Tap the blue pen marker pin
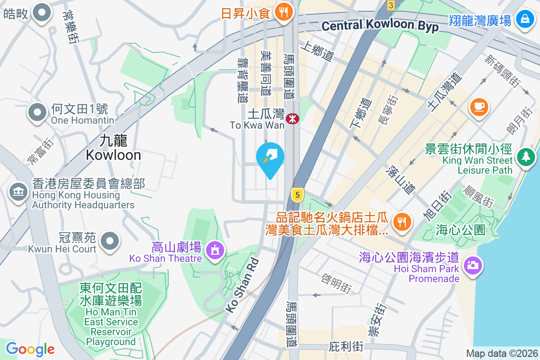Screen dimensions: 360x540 [270, 157]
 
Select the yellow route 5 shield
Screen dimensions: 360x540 [297, 195]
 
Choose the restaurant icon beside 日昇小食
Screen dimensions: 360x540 [283, 12]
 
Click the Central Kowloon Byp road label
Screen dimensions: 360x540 [380, 26]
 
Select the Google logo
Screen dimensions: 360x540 [30, 349]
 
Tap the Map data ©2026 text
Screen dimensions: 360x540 [501, 353]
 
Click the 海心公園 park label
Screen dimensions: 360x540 [460, 230]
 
